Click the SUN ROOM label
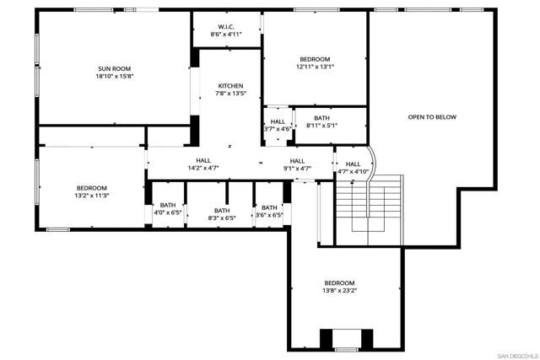(x=115, y=69)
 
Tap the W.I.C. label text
(x=226, y=27)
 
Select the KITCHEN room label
(x=230, y=86)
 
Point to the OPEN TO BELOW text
(x=432, y=117)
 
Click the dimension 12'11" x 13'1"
(x=315, y=67)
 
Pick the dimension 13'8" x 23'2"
(x=339, y=291)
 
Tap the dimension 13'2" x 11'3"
(x=92, y=196)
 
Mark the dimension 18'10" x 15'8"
(x=115, y=77)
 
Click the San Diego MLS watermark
(x=518, y=356)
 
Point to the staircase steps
(x=369, y=210)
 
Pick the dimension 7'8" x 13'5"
(x=230, y=94)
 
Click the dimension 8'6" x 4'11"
(x=226, y=35)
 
